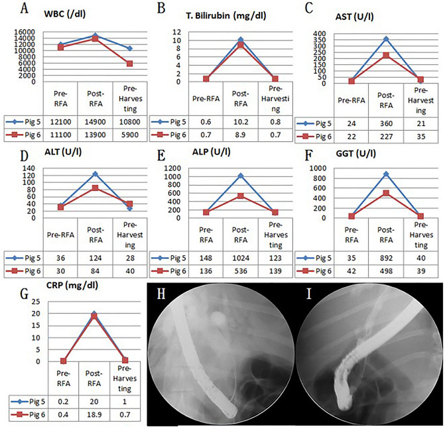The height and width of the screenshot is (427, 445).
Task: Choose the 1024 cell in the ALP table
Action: [240, 257]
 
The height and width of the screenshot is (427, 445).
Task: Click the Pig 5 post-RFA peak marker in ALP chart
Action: [240, 176]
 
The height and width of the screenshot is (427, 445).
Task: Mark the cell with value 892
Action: [385, 257]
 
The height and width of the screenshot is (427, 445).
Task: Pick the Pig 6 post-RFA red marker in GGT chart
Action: [385, 193]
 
